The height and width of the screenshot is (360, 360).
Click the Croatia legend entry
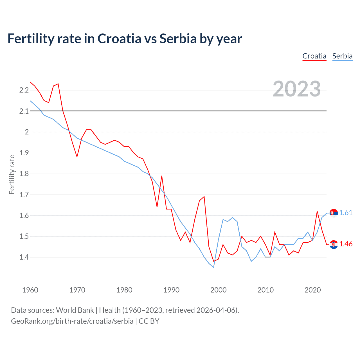[314, 56]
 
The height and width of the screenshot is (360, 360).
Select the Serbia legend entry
[342, 56]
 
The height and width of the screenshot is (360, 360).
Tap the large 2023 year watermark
[297, 89]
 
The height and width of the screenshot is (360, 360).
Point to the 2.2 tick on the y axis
[24, 90]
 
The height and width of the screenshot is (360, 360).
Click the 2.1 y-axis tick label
[24, 111]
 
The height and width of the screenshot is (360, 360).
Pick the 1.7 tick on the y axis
[24, 195]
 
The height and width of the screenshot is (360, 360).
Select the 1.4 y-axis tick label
[24, 257]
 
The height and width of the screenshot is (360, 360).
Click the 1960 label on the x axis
[30, 290]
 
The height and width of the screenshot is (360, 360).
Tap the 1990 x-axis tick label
[171, 290]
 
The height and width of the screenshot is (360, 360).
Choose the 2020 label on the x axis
[312, 290]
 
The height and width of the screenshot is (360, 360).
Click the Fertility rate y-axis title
[12, 174]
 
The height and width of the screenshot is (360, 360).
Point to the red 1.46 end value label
[346, 244]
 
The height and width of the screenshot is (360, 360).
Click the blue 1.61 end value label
[346, 213]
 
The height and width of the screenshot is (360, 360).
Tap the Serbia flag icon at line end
[334, 213]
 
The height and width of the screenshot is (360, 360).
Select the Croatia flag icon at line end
[334, 244]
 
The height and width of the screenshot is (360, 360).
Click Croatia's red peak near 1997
[204, 197]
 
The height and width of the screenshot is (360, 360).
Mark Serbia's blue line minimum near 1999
[213, 267]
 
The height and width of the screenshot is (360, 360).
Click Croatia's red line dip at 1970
[77, 157]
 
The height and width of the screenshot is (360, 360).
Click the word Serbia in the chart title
[178, 39]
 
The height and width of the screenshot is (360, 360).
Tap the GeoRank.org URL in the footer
[72, 321]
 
